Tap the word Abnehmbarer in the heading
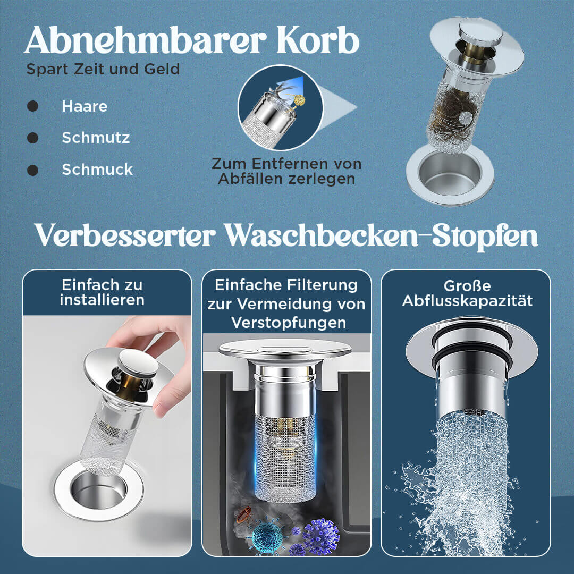(x=146, y=40)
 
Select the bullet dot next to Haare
(x=32, y=106)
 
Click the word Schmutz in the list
(x=96, y=138)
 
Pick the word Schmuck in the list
(x=97, y=170)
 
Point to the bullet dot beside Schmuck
(x=32, y=170)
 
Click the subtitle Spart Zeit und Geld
(x=103, y=69)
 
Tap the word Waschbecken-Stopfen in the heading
(x=381, y=236)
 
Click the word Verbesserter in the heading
(x=124, y=236)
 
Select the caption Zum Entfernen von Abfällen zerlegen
(x=286, y=171)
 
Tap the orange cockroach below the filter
(x=244, y=514)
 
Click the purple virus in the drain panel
(x=321, y=536)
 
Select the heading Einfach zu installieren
(x=102, y=292)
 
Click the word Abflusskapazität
(x=467, y=301)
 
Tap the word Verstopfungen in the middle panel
(x=289, y=323)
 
